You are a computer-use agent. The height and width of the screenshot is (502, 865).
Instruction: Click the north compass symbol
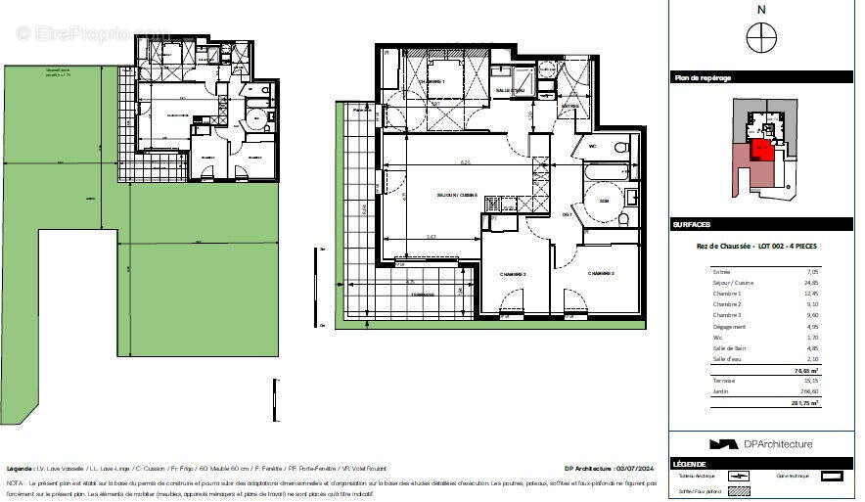point(760,38)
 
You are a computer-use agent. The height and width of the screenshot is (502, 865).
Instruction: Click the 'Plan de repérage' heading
point(703,77)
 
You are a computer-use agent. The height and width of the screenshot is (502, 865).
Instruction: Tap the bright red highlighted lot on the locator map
point(759,150)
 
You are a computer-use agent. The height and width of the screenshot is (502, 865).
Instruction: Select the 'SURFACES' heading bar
point(692,224)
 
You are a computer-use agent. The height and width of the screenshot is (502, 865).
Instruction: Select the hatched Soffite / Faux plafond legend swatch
point(739,490)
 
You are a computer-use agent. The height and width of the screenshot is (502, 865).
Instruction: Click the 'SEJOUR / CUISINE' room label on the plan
point(456,196)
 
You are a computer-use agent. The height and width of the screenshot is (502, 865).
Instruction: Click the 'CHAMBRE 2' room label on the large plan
point(600,273)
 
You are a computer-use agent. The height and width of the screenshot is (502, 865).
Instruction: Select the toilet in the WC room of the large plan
point(618,149)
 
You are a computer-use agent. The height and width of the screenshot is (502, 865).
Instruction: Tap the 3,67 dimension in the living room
point(431,236)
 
